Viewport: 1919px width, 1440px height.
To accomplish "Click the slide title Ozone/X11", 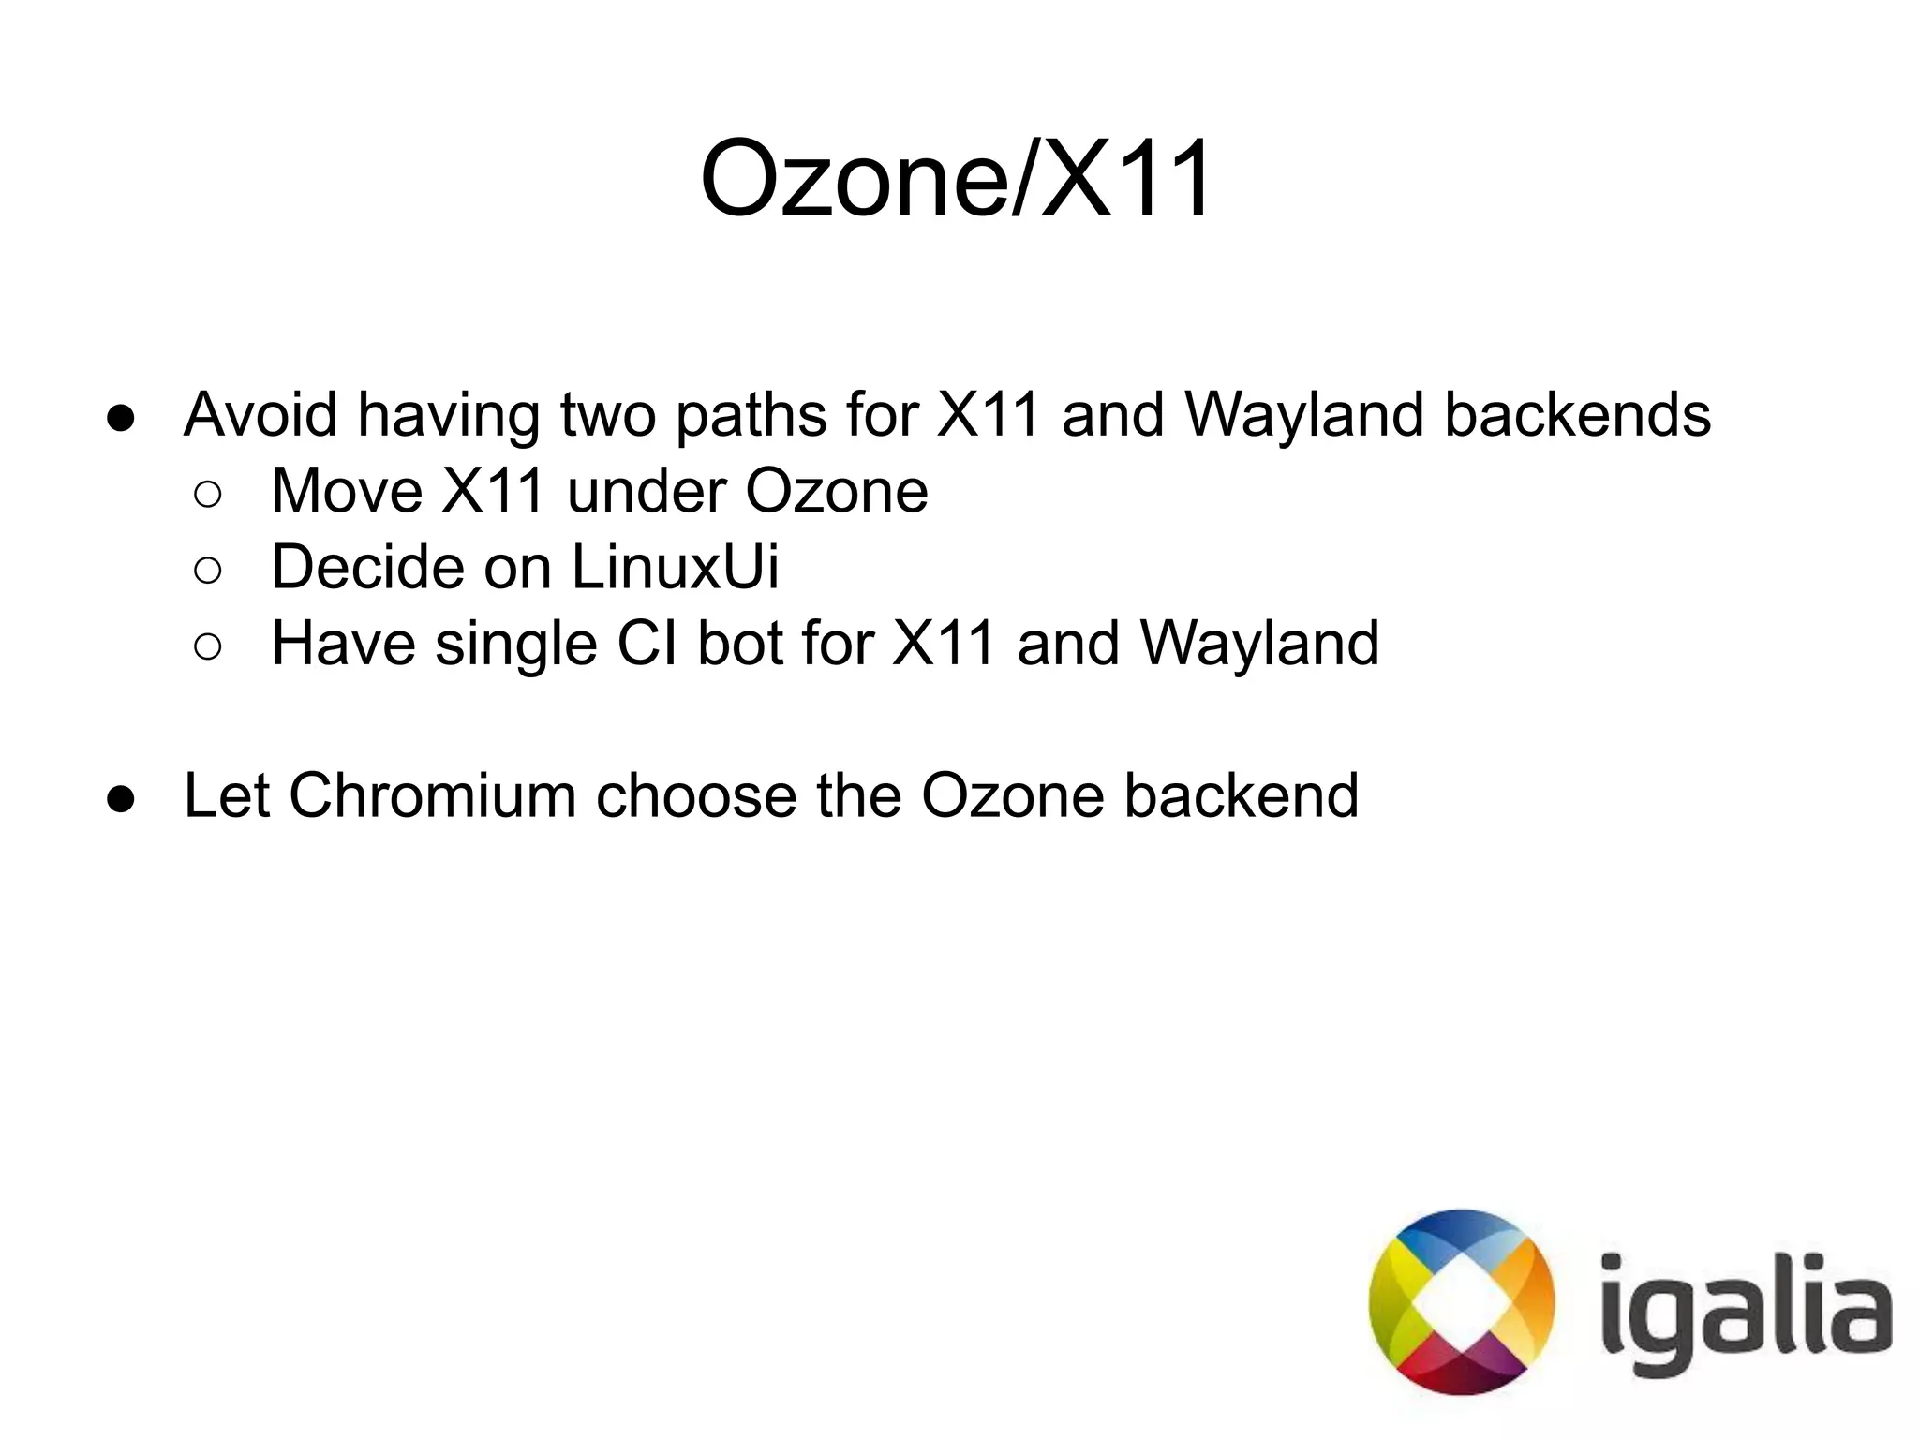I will tap(956, 178).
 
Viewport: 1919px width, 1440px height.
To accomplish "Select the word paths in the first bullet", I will tap(751, 417).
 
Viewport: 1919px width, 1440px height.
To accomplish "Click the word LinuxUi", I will tap(675, 567).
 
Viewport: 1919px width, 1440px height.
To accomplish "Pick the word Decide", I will tap(366, 567).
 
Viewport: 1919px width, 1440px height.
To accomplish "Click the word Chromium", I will tap(432, 795).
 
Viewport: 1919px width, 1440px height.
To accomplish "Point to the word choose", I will tap(695, 795).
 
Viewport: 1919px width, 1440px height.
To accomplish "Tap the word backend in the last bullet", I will tap(1241, 795).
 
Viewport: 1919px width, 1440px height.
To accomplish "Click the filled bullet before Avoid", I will tap(122, 418).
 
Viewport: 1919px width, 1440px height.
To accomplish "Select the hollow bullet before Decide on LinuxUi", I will tap(208, 571).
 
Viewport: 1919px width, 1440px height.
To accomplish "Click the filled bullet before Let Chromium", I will tap(122, 799).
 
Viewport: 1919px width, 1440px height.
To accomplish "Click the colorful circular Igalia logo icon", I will tap(1461, 1302).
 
